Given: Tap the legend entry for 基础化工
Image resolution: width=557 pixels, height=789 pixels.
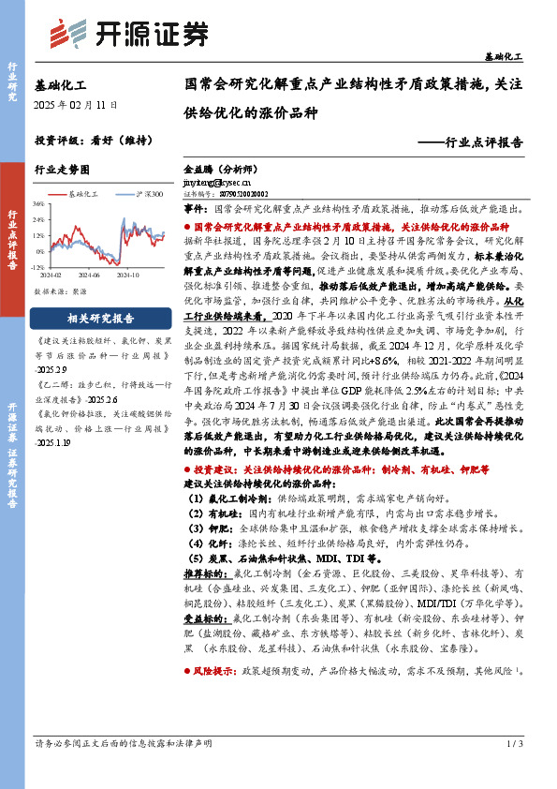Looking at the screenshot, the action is pyautogui.click(x=82, y=193).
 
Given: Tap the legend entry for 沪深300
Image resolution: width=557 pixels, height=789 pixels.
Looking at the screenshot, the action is pyautogui.click(x=142, y=193).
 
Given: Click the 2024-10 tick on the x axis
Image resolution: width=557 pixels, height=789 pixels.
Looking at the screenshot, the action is pyautogui.click(x=128, y=275).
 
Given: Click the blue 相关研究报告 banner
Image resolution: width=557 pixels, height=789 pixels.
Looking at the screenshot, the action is pyautogui.click(x=101, y=317).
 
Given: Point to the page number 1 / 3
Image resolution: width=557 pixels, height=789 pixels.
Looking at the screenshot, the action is pyautogui.click(x=513, y=770).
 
